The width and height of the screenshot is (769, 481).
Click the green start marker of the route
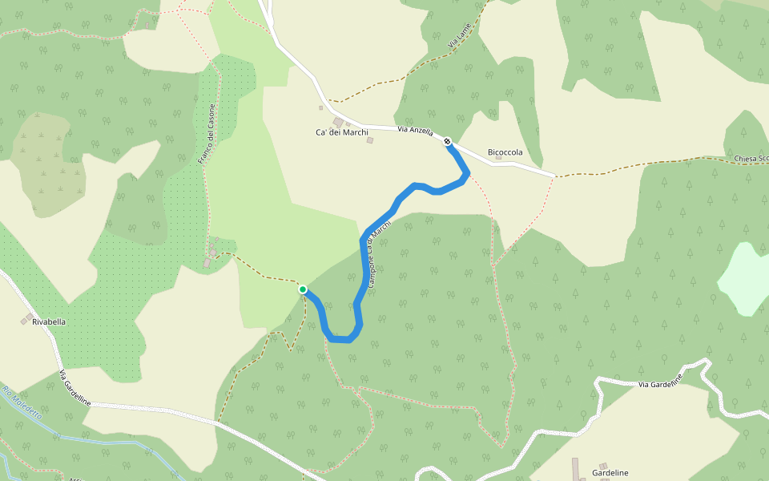point(303,289)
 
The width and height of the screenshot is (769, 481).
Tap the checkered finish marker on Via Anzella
point(448,142)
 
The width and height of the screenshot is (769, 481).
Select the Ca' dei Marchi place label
point(341,132)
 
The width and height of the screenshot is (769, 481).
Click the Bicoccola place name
point(505,152)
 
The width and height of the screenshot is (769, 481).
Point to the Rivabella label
point(49,321)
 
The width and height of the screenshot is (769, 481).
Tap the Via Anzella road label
point(415,130)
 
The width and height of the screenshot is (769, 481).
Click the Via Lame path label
point(459,38)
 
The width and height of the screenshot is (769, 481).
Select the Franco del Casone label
point(207,135)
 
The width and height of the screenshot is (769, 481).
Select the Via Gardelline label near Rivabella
point(74,387)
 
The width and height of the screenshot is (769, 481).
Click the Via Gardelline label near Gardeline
point(660,381)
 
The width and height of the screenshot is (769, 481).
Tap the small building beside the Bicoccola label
point(498,157)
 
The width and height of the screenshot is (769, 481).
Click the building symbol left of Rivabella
point(29,317)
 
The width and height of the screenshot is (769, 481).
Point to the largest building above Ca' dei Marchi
point(338,122)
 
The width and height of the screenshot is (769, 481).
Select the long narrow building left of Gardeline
point(575,469)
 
